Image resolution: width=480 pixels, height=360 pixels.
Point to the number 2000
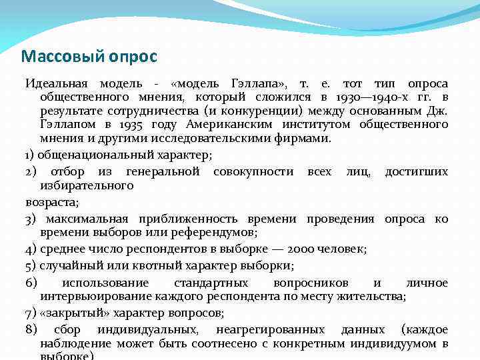pyautogui.click(x=305, y=249)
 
